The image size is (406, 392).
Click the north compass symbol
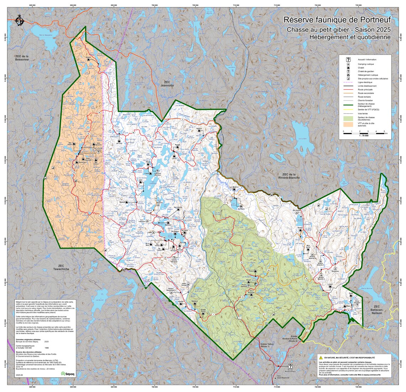pyautogui.click(x=19, y=21)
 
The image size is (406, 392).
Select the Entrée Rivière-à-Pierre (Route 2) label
pyautogui.click(x=294, y=339)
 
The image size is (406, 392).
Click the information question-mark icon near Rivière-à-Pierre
pyautogui.click(x=290, y=366)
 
